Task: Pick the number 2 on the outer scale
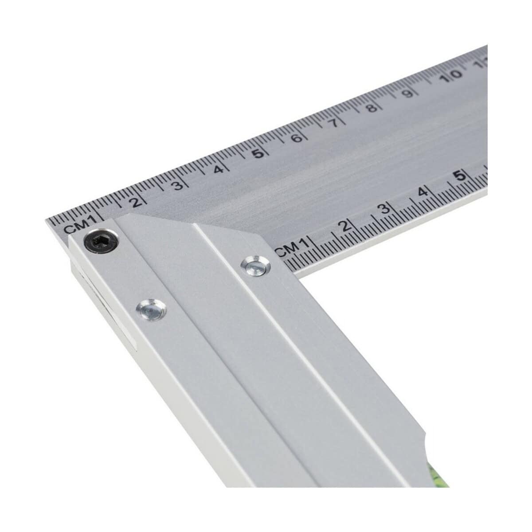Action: click(x=136, y=202)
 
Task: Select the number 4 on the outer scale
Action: click(x=218, y=168)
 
